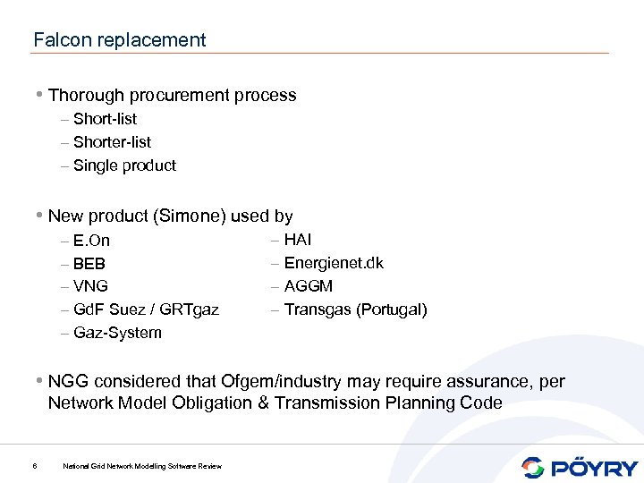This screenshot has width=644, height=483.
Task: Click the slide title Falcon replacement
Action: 119,40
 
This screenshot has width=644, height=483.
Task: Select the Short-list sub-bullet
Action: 105,119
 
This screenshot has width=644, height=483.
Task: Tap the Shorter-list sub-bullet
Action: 112,142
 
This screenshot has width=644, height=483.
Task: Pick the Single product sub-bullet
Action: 124,165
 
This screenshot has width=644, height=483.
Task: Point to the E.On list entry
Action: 91,241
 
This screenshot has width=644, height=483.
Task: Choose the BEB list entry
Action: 89,264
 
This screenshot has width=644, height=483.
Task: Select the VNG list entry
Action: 90,287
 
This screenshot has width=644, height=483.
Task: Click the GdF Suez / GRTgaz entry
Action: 146,310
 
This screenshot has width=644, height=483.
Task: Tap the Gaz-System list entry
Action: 117,334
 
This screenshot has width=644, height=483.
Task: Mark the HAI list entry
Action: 298,240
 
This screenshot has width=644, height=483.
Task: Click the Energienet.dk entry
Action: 333,263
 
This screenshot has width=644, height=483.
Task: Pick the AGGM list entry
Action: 308,286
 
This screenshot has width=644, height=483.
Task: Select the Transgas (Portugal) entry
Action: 355,309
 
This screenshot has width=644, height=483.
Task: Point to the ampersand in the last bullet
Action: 263,403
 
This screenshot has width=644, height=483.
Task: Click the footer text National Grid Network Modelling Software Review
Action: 142,466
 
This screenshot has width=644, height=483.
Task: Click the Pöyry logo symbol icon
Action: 533,467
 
